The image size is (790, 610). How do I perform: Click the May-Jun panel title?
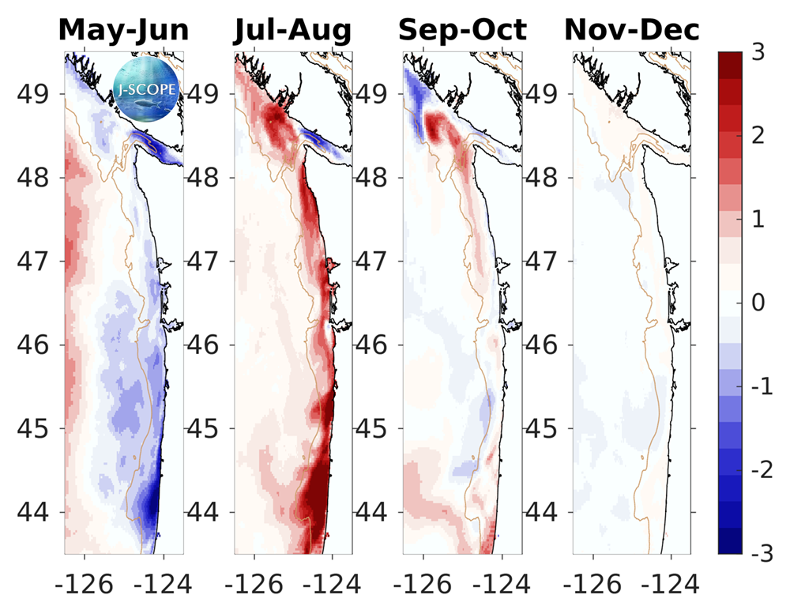124,30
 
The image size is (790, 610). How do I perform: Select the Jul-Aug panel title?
292,30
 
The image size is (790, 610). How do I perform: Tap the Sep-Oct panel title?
462,30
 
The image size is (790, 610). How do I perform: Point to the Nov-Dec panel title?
631,30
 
